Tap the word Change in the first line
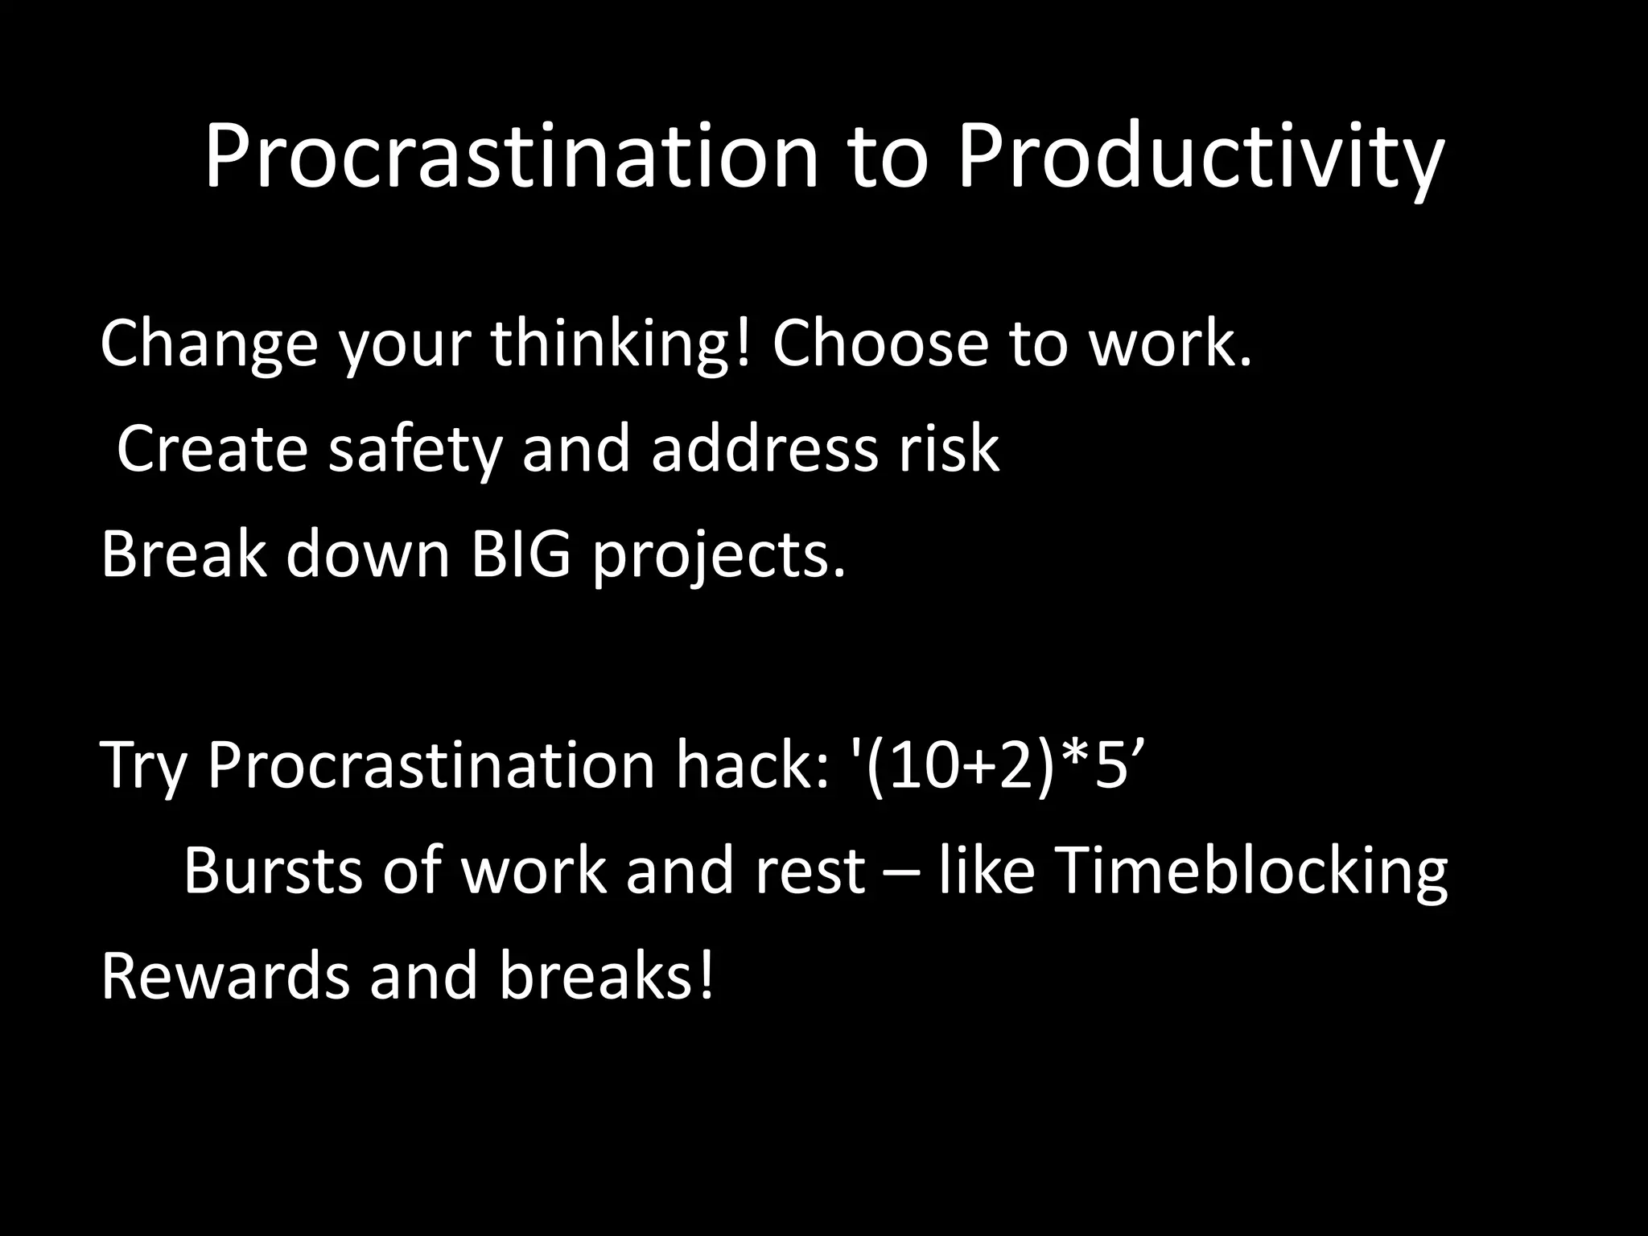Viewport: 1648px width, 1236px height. tap(209, 344)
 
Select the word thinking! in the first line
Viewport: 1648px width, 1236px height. tap(620, 344)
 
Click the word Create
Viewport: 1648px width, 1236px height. tap(212, 449)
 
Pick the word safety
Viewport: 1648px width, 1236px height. tap(415, 449)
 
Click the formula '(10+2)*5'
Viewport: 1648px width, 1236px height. tap(997, 765)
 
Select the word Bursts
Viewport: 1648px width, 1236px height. tap(273, 871)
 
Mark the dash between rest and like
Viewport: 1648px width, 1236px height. tap(901, 872)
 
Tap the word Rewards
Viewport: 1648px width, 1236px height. tap(225, 975)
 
